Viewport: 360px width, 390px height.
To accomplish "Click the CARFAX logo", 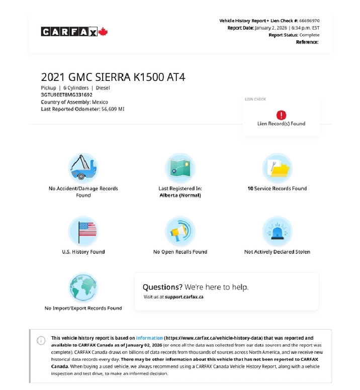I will [69, 32].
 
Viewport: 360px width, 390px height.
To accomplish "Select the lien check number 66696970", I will [309, 21].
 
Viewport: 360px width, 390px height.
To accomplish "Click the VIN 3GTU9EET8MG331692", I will [66, 94].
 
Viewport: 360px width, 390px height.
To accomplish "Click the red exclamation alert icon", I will [281, 115].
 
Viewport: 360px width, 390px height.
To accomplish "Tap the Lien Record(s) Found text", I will [281, 124].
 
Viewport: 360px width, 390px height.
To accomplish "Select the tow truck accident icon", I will [83, 168].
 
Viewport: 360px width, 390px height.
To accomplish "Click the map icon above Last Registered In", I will [180, 168].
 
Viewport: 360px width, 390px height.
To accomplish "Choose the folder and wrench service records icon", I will [277, 168].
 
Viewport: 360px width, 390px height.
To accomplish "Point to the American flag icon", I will [83, 231].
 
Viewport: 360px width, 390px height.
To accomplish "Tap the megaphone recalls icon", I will [180, 231].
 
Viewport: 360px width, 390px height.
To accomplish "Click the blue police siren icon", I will [277, 231].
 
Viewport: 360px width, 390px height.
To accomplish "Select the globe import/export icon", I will [83, 288].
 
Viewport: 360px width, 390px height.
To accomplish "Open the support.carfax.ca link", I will [184, 297].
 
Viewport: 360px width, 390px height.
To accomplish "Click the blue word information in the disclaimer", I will [149, 338].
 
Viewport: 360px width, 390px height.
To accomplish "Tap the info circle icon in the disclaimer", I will [41, 341].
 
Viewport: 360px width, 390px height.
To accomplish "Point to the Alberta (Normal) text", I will [180, 195].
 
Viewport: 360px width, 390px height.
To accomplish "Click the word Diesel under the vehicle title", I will [103, 88].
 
